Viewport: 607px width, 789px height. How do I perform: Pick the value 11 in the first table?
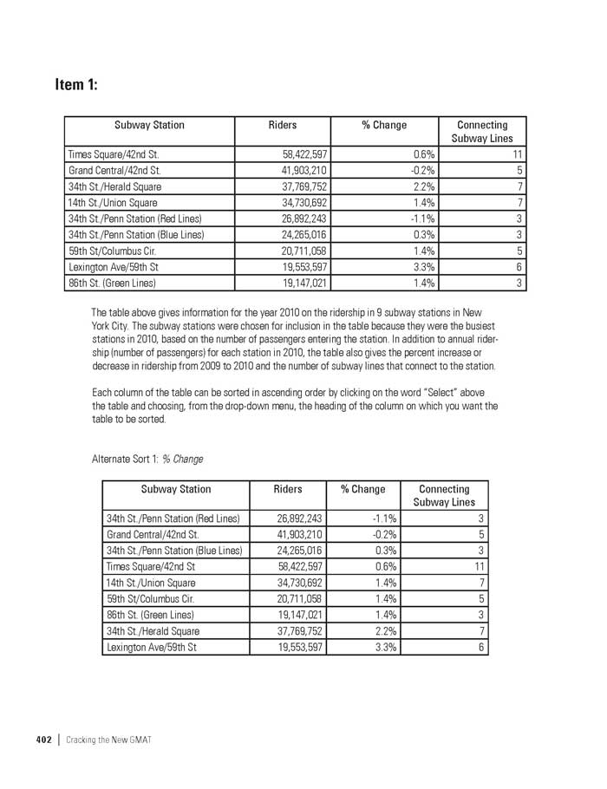[x=513, y=154]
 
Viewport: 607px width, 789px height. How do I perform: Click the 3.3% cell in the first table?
[x=423, y=267]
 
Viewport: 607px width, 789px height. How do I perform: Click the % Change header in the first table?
[x=384, y=125]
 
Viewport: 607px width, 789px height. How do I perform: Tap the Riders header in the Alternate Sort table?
[x=288, y=489]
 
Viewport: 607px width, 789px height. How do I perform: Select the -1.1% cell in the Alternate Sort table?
[x=384, y=518]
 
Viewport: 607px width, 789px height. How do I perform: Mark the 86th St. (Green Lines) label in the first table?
[x=113, y=283]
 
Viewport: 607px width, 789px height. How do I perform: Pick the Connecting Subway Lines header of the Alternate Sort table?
[x=444, y=495]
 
